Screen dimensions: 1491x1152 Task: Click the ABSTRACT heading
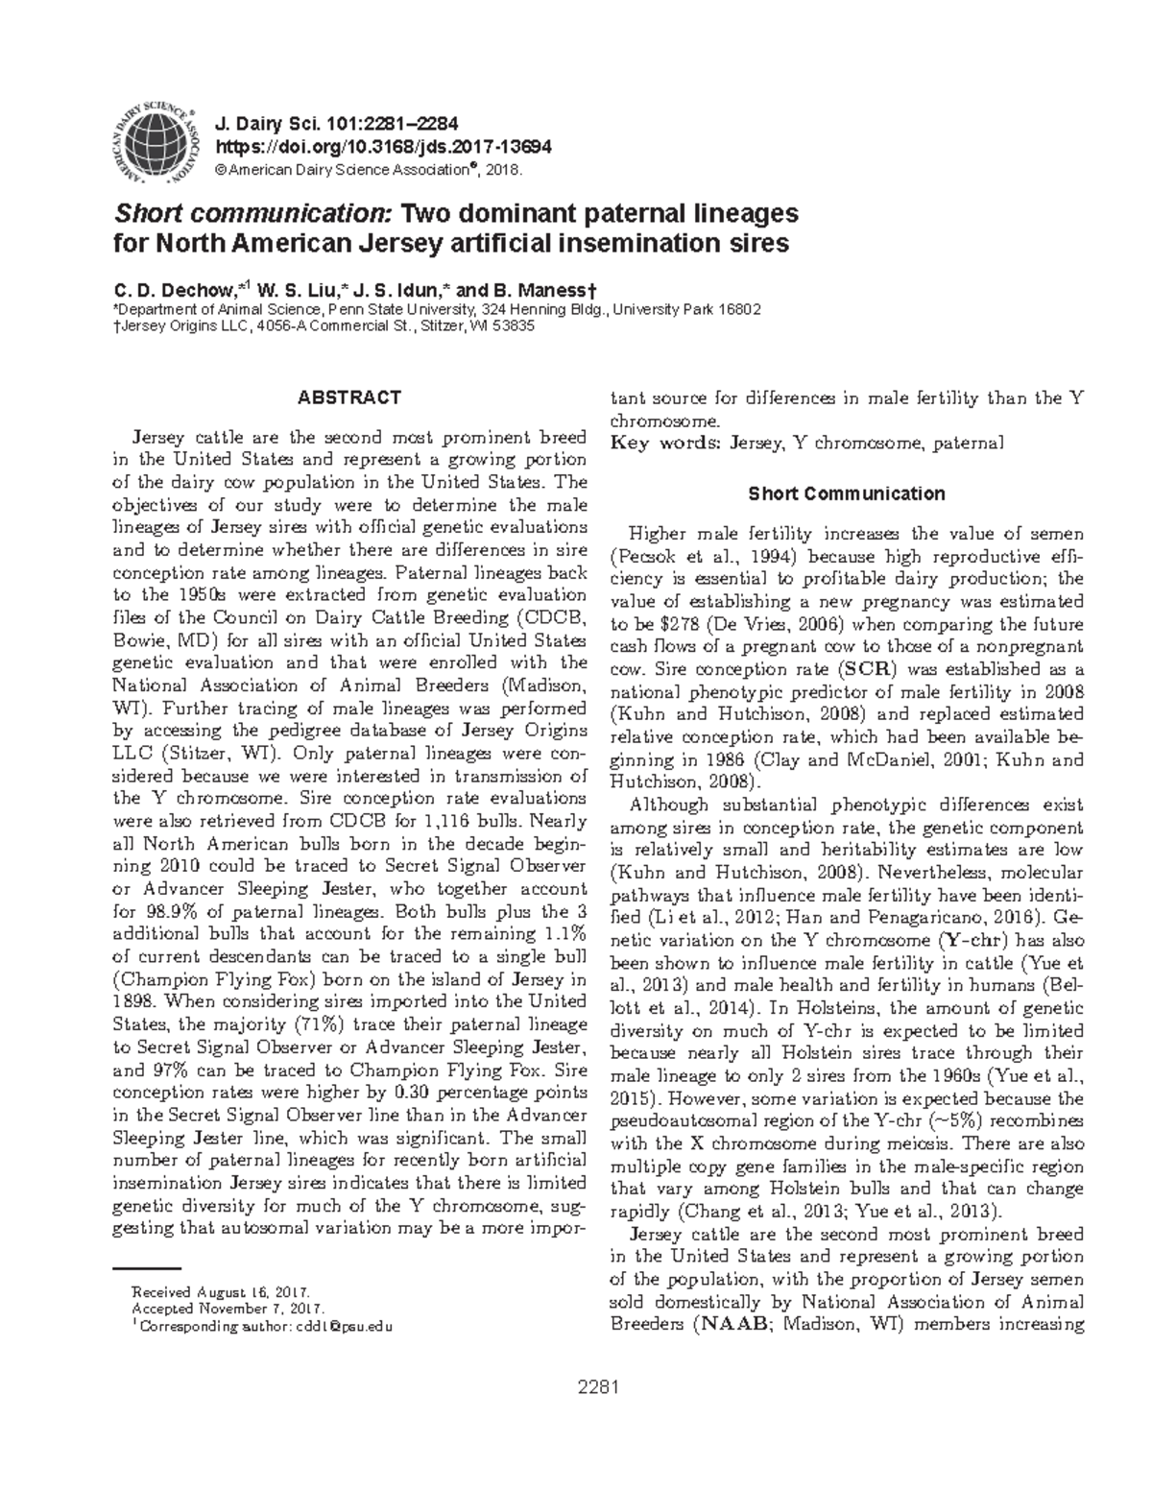(x=348, y=397)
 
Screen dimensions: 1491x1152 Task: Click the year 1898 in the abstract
(x=138, y=1001)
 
